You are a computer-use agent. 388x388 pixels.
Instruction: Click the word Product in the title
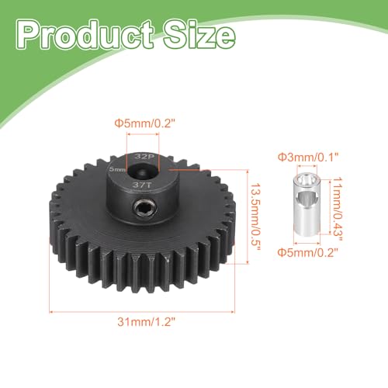pyautogui.click(x=85, y=35)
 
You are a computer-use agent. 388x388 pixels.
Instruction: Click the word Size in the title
pyautogui.click(x=199, y=35)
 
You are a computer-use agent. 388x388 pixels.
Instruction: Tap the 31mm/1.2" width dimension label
pyautogui.click(x=147, y=322)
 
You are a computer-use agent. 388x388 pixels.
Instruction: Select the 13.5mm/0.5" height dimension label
pyautogui.click(x=255, y=217)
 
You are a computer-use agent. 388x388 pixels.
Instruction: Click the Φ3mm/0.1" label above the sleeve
pyautogui.click(x=308, y=157)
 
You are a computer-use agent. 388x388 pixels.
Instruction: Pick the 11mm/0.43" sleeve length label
pyautogui.click(x=337, y=206)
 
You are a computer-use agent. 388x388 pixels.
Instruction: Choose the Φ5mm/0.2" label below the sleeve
pyautogui.click(x=308, y=252)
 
